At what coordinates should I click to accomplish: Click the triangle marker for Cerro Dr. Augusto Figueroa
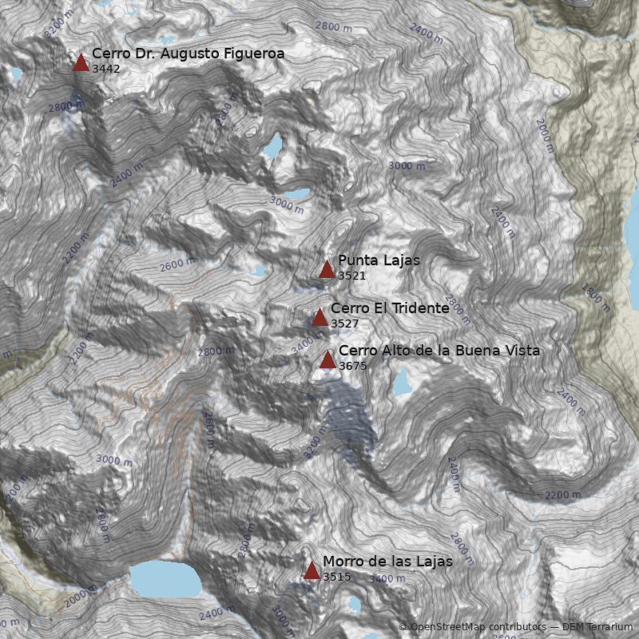[x=81, y=63]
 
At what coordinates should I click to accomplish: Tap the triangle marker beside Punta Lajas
[x=327, y=269]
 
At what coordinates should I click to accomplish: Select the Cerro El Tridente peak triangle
[x=319, y=317]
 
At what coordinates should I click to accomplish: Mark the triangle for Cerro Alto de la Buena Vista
[x=327, y=359]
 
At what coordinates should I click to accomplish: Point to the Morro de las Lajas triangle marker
[x=312, y=570]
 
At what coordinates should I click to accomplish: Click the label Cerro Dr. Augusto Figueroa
[x=188, y=54]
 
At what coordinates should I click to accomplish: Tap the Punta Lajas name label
[x=379, y=260]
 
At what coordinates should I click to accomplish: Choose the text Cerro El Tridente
[x=390, y=308]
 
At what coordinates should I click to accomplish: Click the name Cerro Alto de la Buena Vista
[x=439, y=351]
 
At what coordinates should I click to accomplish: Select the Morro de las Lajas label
[x=387, y=562]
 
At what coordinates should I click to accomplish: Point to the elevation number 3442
[x=105, y=69]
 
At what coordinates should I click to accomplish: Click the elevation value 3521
[x=351, y=276]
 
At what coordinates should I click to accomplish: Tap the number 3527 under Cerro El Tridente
[x=344, y=323]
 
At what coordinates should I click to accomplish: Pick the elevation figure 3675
[x=352, y=366]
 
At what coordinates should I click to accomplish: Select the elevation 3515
[x=336, y=577]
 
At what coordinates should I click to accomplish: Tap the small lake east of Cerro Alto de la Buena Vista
[x=401, y=383]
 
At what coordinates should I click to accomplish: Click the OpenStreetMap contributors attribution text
[x=477, y=627]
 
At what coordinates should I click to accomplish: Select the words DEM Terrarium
[x=592, y=627]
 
